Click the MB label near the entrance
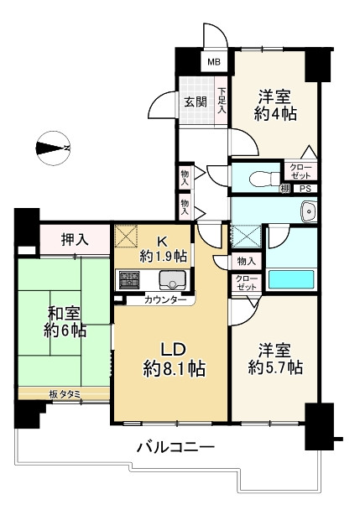tap(215, 62)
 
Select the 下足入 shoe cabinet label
tap(222, 100)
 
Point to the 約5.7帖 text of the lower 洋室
tap(276, 367)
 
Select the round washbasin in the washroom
tap(308, 211)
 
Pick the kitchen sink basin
tap(175, 279)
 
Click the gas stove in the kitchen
tap(130, 278)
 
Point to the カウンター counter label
tap(164, 299)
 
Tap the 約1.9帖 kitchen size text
tap(164, 255)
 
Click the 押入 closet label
tap(76, 240)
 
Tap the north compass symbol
tap(52, 149)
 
